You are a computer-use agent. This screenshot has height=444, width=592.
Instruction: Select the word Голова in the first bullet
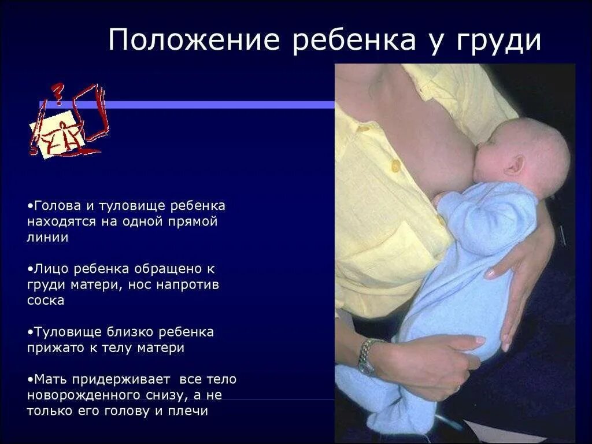click(54, 206)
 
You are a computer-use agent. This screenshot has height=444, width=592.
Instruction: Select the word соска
click(45, 301)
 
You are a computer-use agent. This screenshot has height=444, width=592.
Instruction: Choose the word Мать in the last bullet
click(49, 380)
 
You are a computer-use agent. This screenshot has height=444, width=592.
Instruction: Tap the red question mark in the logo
click(57, 92)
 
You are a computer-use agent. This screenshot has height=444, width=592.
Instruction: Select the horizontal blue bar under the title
click(191, 105)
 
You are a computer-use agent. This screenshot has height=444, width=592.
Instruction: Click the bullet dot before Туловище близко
click(29, 332)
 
